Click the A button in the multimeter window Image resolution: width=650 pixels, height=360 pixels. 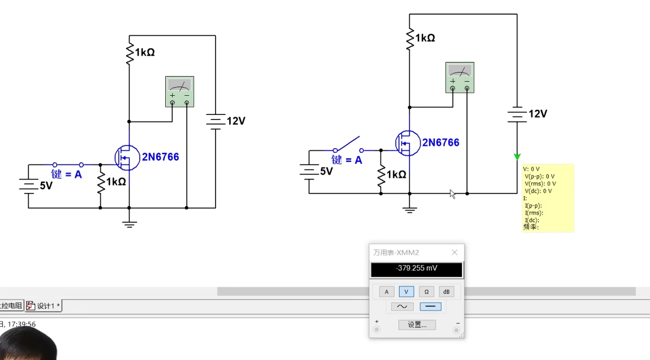pos(386,291)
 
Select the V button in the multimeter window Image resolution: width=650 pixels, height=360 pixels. pos(406,291)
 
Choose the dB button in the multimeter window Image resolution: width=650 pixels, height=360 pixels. pos(446,291)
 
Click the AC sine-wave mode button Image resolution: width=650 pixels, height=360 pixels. pos(402,307)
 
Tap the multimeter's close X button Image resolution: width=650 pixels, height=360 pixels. pos(454,253)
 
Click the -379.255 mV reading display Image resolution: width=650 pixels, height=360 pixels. pos(416,269)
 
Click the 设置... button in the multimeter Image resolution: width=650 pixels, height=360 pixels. pos(417,325)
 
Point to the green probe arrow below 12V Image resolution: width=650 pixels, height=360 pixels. pos(517,157)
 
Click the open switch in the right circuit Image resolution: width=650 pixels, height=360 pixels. pos(348,145)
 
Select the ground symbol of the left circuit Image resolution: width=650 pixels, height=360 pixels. pos(129,223)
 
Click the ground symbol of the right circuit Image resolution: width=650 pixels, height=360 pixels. pos(410,209)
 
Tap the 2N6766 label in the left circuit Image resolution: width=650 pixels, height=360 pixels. pos(160,157)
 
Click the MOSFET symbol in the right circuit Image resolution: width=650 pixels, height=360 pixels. pos(407,143)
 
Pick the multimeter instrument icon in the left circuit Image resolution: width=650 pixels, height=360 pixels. pos(179,91)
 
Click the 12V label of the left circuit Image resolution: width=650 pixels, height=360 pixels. pos(236,121)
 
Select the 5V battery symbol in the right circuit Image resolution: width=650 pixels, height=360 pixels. pos(308,171)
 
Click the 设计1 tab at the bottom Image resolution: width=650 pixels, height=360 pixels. pos(44,306)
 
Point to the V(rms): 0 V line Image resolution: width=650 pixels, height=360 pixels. pos(540,184)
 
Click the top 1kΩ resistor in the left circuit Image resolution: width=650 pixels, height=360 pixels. pos(129,53)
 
